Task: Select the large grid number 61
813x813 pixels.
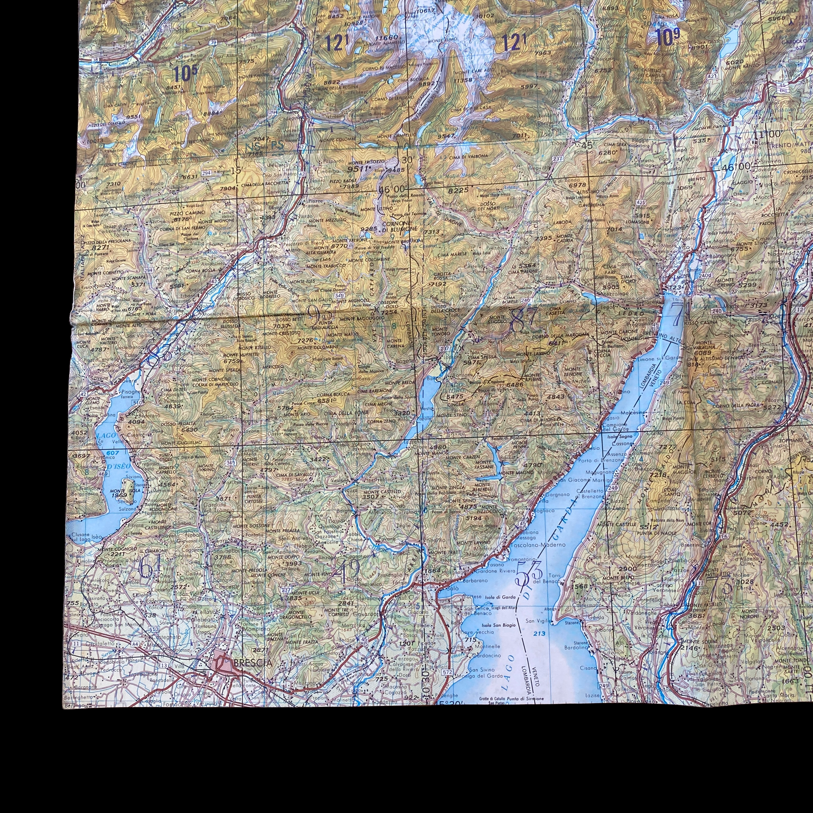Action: (x=150, y=568)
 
